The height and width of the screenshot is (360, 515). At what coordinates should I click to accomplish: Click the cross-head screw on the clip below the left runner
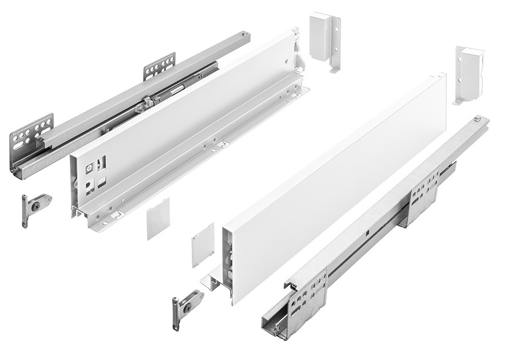pos(37,204)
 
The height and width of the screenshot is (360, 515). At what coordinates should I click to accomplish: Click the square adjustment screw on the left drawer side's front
pos(89,169)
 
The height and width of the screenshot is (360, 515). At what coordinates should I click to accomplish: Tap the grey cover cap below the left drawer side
pos(158,218)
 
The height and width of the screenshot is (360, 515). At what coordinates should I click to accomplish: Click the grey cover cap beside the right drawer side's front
pos(202,244)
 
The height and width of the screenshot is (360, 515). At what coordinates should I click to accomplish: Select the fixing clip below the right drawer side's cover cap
pos(187,306)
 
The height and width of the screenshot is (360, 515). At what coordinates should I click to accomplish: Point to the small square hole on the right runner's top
pos(366,233)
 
